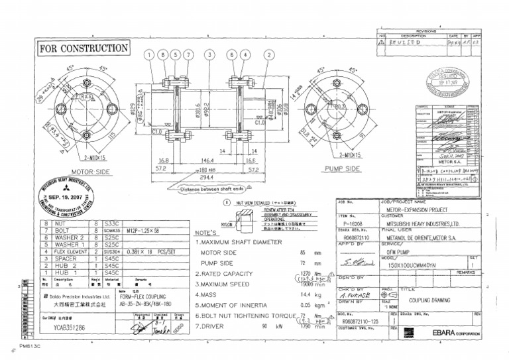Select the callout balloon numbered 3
[x=211, y=54]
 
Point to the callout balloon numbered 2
[x=268, y=54]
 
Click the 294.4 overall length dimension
[x=210, y=177]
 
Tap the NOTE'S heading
[x=205, y=233]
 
